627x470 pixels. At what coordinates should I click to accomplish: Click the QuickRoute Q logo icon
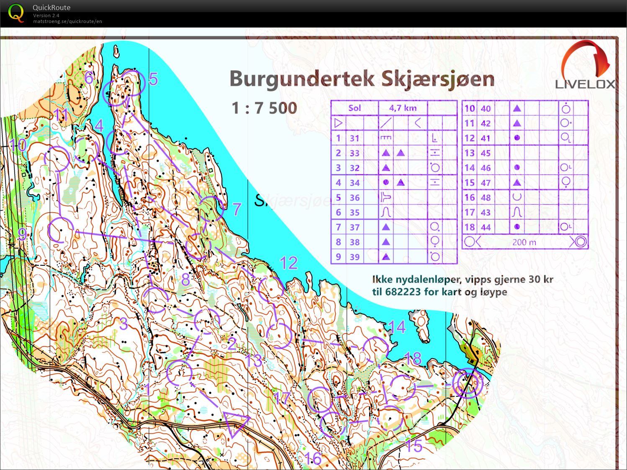pyautogui.click(x=16, y=13)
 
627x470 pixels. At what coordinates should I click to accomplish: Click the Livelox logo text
pyautogui.click(x=585, y=84)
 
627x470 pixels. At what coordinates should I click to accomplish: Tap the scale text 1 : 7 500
pyautogui.click(x=264, y=108)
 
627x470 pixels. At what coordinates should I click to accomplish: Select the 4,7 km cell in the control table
pyautogui.click(x=403, y=108)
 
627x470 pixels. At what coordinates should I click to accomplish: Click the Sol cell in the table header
pyautogui.click(x=355, y=108)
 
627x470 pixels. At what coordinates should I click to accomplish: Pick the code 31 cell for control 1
pyautogui.click(x=355, y=138)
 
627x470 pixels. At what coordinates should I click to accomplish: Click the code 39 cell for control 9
pyautogui.click(x=355, y=257)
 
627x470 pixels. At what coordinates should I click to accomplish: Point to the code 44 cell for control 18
pyautogui.click(x=486, y=227)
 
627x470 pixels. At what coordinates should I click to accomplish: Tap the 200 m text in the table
pyautogui.click(x=524, y=242)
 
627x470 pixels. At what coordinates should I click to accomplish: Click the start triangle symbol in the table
pyautogui.click(x=338, y=123)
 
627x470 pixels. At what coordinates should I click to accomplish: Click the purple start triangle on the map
pyautogui.click(x=236, y=423)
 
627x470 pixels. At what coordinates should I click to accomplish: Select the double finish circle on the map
pyautogui.click(x=468, y=383)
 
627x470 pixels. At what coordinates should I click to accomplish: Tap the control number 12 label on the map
pyautogui.click(x=288, y=263)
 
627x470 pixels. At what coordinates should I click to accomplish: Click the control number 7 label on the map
pyautogui.click(x=237, y=209)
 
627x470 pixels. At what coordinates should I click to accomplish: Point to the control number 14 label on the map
pyautogui.click(x=397, y=327)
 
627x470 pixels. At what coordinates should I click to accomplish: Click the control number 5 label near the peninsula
pyautogui.click(x=153, y=79)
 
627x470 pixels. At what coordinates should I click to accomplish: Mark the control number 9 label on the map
pyautogui.click(x=22, y=234)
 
